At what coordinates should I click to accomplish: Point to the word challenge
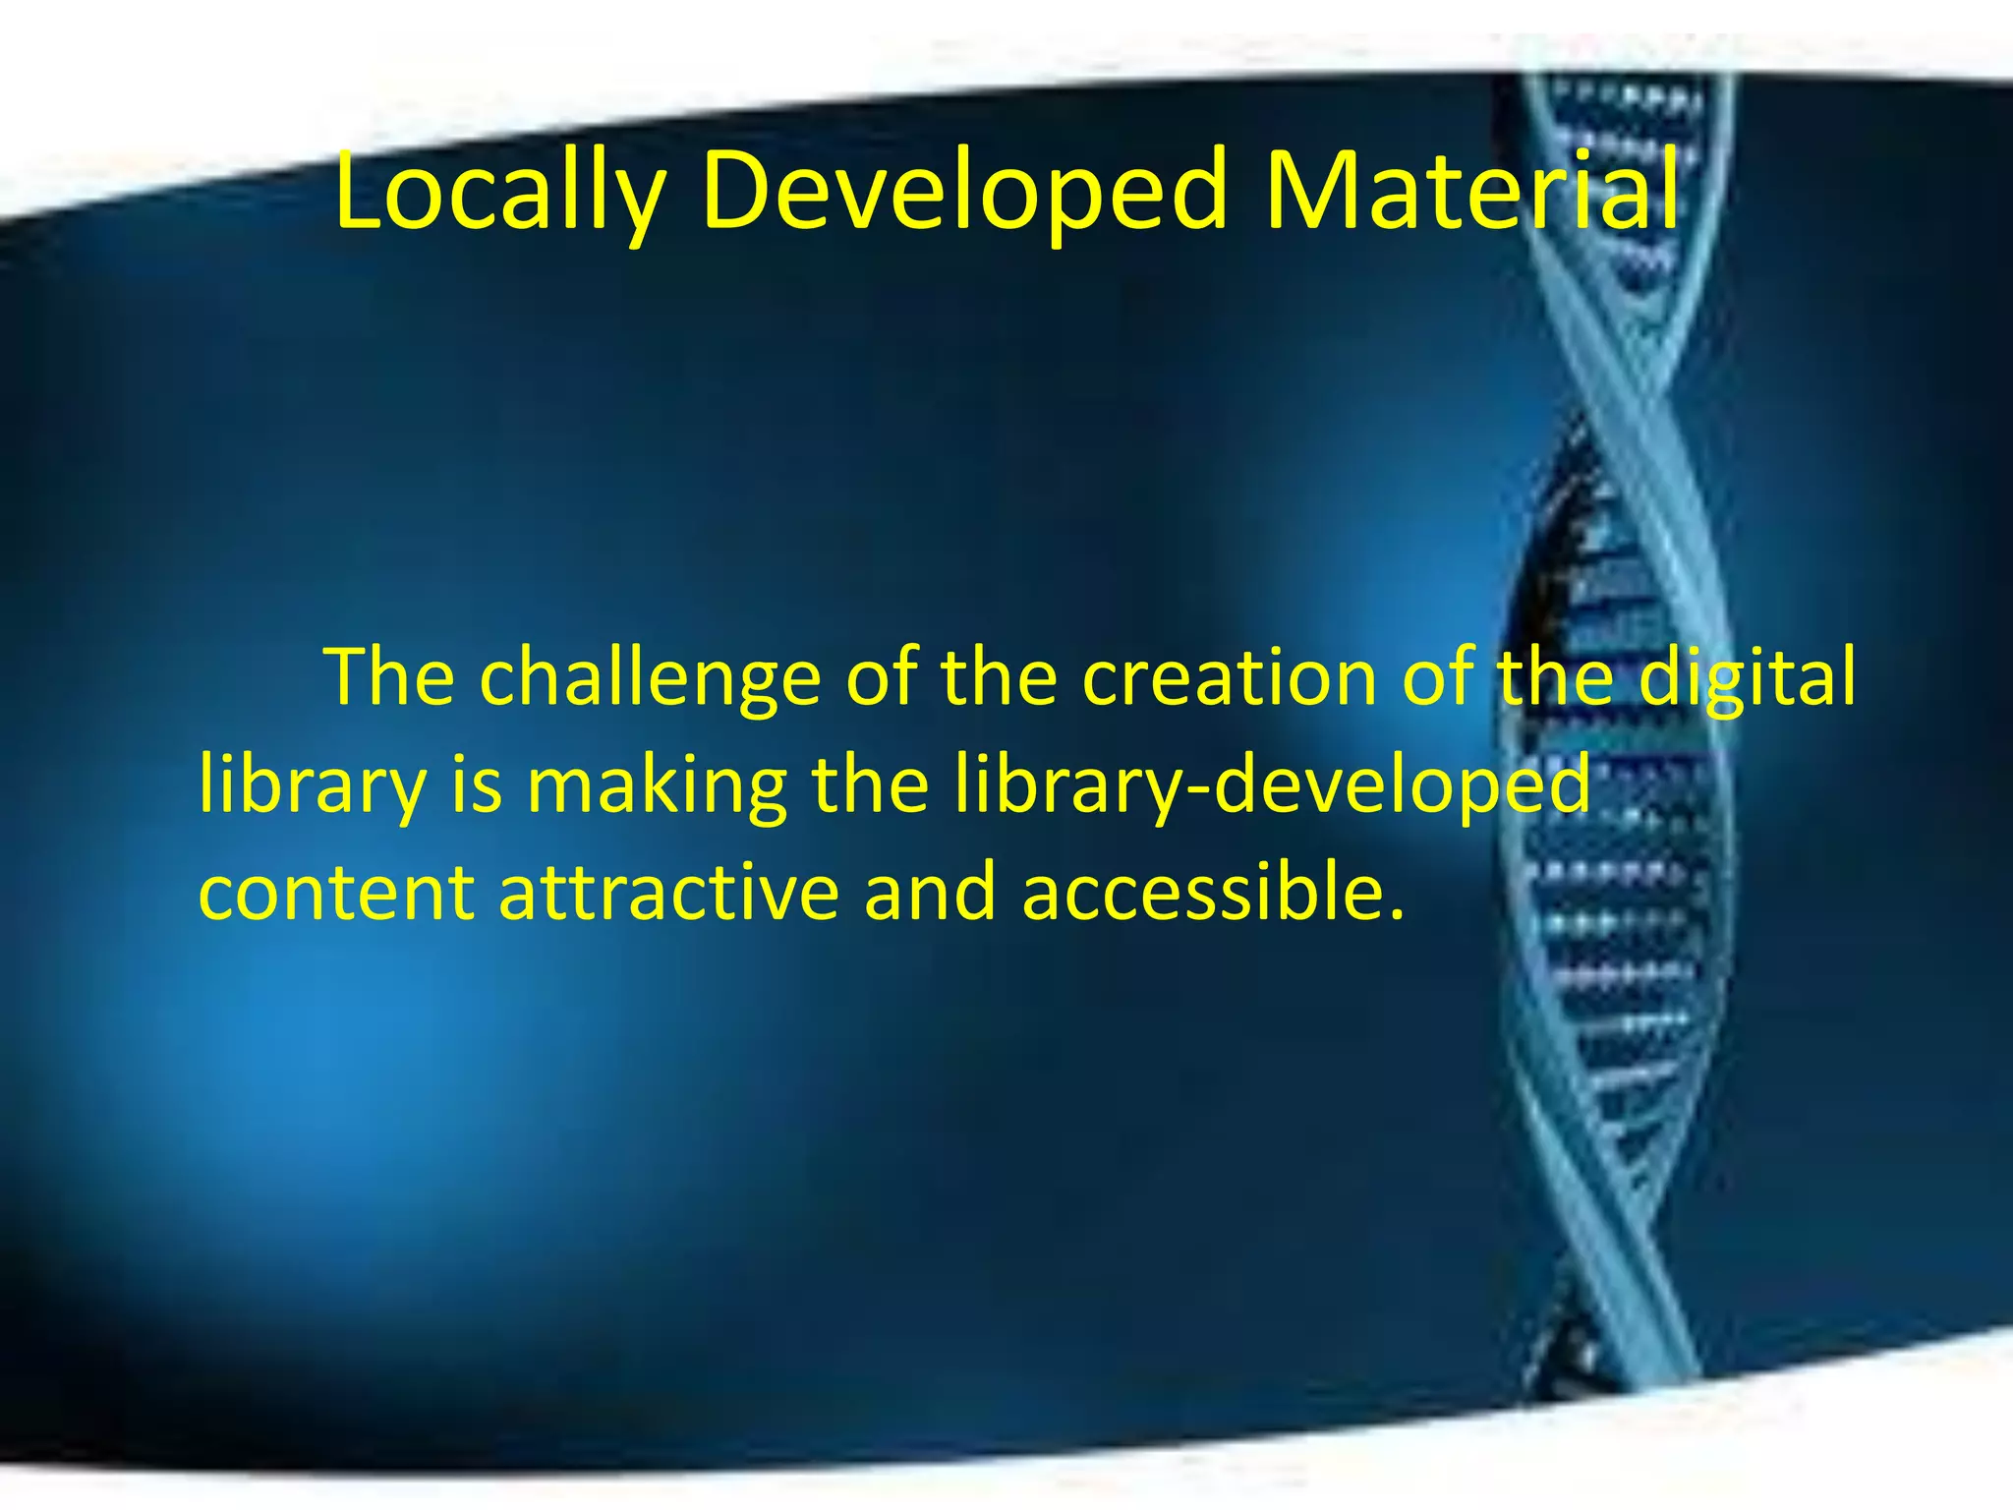pos(650,678)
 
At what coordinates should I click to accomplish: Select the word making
pos(657,786)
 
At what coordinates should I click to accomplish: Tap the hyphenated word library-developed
pos(1272,786)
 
